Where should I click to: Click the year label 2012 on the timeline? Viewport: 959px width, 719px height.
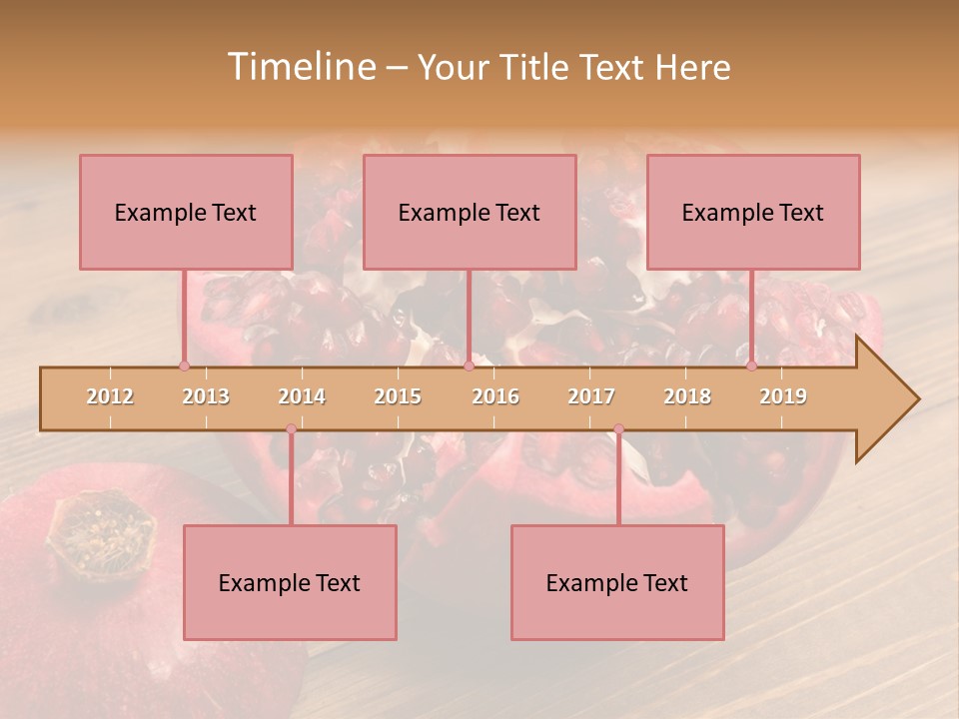tap(110, 396)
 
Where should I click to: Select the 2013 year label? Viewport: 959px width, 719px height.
tap(206, 396)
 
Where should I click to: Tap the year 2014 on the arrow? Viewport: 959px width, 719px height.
tap(302, 396)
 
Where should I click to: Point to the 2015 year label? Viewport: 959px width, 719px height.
tap(398, 396)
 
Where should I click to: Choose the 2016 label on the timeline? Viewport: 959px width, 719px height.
tap(495, 396)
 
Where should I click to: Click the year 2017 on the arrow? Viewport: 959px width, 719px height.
tap(591, 396)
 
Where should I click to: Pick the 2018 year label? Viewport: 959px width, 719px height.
tap(687, 396)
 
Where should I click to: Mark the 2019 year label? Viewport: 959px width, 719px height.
tap(783, 396)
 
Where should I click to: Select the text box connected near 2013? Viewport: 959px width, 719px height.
tap(186, 212)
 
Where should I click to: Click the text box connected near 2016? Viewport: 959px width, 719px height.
tap(470, 212)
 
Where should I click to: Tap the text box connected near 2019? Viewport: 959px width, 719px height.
tap(753, 212)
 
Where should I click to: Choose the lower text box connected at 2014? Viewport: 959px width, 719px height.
tap(290, 582)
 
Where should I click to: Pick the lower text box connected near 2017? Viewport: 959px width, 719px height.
tap(617, 582)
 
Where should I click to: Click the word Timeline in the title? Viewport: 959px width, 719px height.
tap(300, 67)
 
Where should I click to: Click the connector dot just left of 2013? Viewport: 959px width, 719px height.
tap(184, 365)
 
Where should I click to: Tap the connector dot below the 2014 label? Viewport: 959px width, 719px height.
tap(291, 429)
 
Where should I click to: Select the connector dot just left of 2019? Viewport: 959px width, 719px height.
tap(751, 365)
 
